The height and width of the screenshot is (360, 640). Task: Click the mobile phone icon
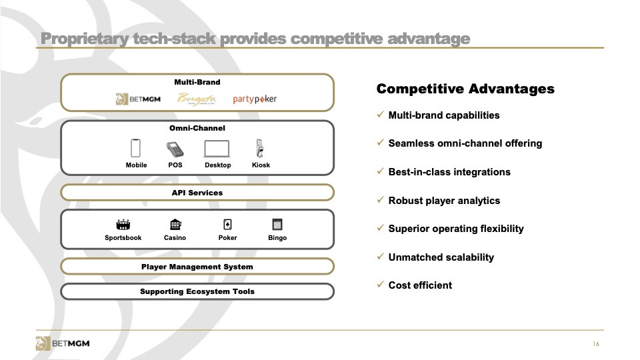[x=135, y=148]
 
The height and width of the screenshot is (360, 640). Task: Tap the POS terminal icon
[x=175, y=149]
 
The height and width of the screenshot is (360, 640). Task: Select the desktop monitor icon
[x=217, y=149]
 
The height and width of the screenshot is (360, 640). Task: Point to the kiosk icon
[x=259, y=148]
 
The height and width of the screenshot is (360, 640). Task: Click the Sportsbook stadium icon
[x=123, y=224]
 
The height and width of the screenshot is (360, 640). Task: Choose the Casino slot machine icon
[x=175, y=224]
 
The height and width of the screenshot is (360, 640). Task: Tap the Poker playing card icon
[x=227, y=224]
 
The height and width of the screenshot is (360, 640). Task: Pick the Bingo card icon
[x=277, y=224]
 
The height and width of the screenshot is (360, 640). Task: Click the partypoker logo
[x=255, y=99]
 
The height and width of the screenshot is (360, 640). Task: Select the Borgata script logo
[x=196, y=99]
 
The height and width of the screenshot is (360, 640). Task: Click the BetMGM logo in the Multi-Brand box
[x=138, y=99]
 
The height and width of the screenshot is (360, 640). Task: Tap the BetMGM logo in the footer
[x=63, y=343]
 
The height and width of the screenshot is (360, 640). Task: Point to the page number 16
[x=596, y=344]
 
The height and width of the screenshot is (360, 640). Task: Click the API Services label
[x=197, y=193]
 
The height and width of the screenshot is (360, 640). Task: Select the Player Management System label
[x=197, y=267]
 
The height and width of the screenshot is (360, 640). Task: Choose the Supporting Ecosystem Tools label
[x=197, y=291]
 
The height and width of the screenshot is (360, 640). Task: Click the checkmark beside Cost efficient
[x=381, y=284]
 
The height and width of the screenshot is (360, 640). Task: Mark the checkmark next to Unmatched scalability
[x=381, y=256]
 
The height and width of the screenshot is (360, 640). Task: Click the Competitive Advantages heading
[x=465, y=89]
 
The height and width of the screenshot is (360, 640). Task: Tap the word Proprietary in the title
[x=85, y=39]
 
